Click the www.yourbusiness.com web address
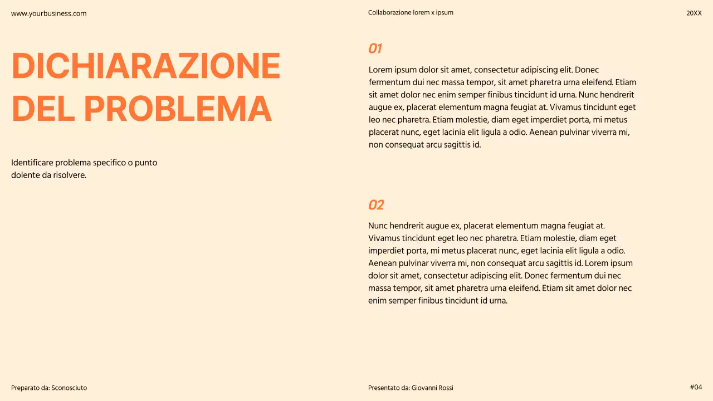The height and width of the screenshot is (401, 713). pos(49,13)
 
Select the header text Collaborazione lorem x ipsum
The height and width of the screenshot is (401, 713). pos(411,13)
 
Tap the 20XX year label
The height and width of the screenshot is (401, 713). pos(694,13)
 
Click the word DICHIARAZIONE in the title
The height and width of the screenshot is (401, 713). pos(146,66)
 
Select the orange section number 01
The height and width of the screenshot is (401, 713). pos(375,48)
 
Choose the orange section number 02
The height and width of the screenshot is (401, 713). pos(376,205)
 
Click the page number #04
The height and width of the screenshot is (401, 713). pos(696,387)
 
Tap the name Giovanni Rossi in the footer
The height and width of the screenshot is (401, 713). pos(432,388)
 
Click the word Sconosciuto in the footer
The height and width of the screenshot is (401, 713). pos(69,388)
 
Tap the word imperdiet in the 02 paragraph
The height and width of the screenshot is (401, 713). pos(388,251)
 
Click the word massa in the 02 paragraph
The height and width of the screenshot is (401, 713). pos(378,288)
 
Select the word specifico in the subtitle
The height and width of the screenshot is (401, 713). pos(106,163)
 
